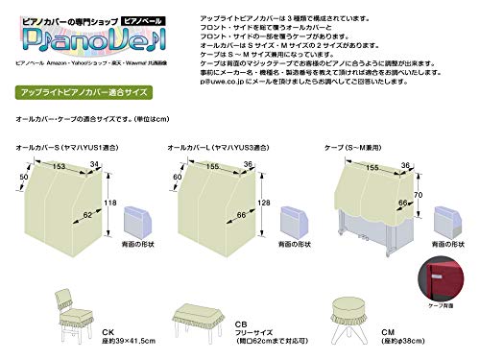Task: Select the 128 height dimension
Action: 262,204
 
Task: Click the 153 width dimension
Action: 60,166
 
